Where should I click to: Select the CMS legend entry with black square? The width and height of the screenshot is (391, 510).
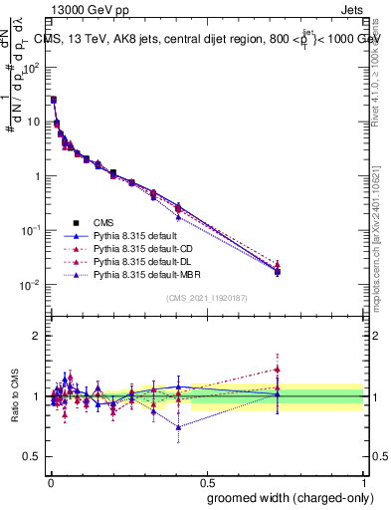click(x=103, y=222)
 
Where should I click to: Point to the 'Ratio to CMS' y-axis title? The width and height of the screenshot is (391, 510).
click(x=16, y=396)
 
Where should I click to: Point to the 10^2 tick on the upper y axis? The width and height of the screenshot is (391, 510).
click(x=32, y=68)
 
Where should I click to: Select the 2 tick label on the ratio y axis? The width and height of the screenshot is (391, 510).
click(x=37, y=336)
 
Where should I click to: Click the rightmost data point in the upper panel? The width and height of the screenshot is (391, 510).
click(x=278, y=270)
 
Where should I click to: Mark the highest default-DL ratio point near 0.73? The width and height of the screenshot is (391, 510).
click(x=278, y=369)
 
